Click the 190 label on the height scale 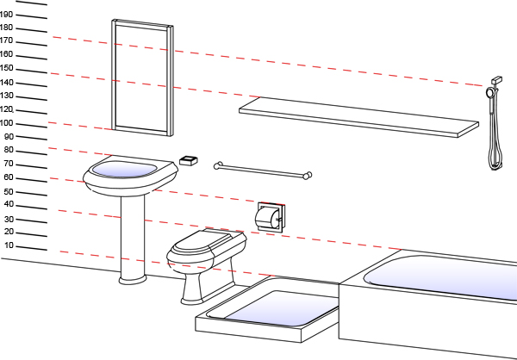click(x=7, y=14)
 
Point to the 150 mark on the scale click(x=7, y=68)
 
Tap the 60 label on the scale click(x=8, y=177)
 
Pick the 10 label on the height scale click(x=9, y=246)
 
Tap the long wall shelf click(x=358, y=116)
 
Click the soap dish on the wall click(x=189, y=160)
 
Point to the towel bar click(x=263, y=171)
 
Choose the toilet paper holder click(x=270, y=215)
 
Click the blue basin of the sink click(x=126, y=169)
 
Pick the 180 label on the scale click(x=7, y=28)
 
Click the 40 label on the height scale click(x=9, y=205)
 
